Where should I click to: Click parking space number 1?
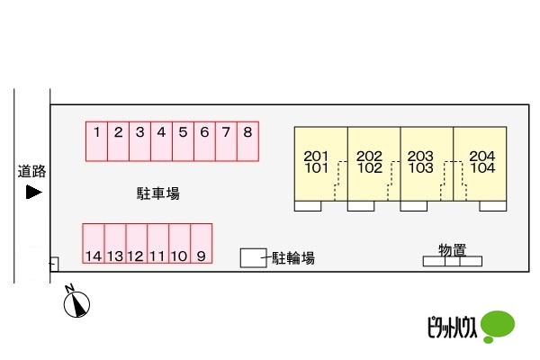(x=96, y=141)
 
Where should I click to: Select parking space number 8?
(x=248, y=141)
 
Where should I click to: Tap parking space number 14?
(x=94, y=244)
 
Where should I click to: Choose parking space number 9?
(x=201, y=244)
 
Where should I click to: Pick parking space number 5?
(x=183, y=141)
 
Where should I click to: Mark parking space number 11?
(x=157, y=244)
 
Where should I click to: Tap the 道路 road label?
(x=31, y=171)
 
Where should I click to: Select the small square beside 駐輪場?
(x=253, y=257)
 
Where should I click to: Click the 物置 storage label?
(x=452, y=249)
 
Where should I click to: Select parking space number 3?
(x=139, y=141)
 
